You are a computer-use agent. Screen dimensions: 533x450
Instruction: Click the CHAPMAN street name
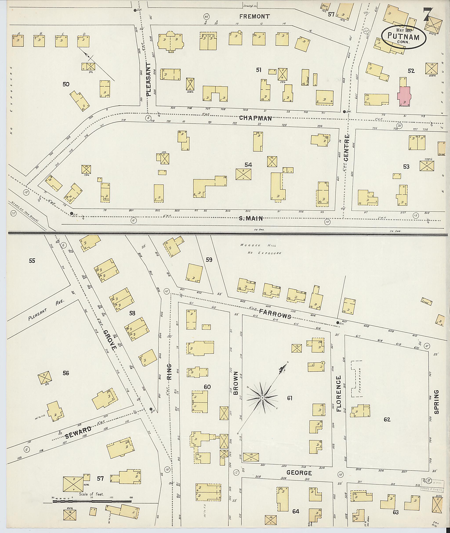click(255, 118)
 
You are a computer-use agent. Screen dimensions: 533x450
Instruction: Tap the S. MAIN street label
click(251, 218)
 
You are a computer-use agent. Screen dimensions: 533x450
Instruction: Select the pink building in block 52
click(404, 96)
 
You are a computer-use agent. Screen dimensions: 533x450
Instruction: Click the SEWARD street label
click(78, 432)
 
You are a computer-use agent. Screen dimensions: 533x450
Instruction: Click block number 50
click(66, 84)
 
